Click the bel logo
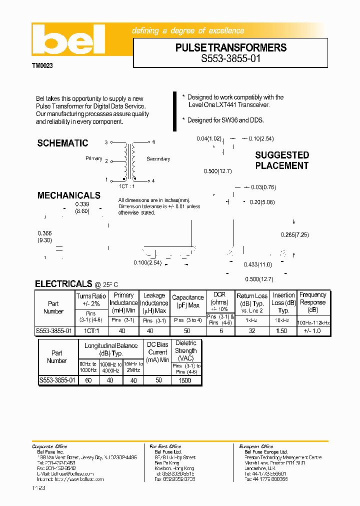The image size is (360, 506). coord(68,40)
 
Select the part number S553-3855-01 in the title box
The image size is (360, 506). coord(230,58)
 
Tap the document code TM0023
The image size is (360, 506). coord(42,65)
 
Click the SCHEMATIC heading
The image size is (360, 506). coord(62,143)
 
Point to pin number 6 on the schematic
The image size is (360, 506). coord(153,142)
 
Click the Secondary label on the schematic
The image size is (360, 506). coord(158,159)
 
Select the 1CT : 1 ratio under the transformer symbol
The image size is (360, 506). coord(127,186)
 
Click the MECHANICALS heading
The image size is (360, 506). coord(68,195)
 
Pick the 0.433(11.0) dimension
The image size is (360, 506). coord(257,264)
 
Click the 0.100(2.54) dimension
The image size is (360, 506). coord(147,263)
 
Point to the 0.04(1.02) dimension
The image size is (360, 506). coord(208,138)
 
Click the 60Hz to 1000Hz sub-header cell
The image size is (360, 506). coord(88,367)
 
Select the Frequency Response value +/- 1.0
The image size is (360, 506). coord(312,331)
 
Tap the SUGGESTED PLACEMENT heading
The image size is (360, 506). coord(282,160)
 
